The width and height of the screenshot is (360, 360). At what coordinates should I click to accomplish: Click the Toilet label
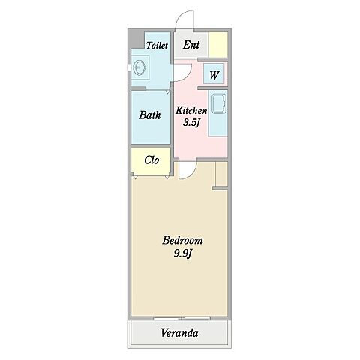coord(157,45)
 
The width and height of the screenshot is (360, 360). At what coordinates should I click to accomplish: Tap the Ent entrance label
coord(191,45)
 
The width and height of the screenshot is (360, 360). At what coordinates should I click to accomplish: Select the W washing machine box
coord(214,74)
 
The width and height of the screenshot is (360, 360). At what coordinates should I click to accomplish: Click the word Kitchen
coord(191,110)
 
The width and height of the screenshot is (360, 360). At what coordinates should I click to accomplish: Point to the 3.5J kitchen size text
coord(191,123)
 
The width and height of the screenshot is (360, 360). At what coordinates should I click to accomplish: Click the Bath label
coord(150,115)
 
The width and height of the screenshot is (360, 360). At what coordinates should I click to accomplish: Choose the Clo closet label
coord(151,160)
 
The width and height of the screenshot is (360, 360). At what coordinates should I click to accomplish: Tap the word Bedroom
coord(182,240)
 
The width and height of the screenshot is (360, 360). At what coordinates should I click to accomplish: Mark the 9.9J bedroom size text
coord(183,253)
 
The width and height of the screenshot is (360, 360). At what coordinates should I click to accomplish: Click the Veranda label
coord(179,333)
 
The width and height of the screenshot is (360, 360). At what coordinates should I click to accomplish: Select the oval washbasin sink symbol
coord(139,67)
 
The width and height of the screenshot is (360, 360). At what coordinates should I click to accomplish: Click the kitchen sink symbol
coord(219,103)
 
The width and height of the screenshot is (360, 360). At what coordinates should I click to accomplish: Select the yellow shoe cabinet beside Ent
coord(218,45)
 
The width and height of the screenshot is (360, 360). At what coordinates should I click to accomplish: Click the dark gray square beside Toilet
coord(136,40)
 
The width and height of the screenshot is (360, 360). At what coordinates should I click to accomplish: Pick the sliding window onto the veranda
coord(181,318)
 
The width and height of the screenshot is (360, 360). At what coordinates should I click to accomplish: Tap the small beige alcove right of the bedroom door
coord(221,174)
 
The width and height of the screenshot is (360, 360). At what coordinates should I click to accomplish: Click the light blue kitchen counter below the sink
coord(218,126)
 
